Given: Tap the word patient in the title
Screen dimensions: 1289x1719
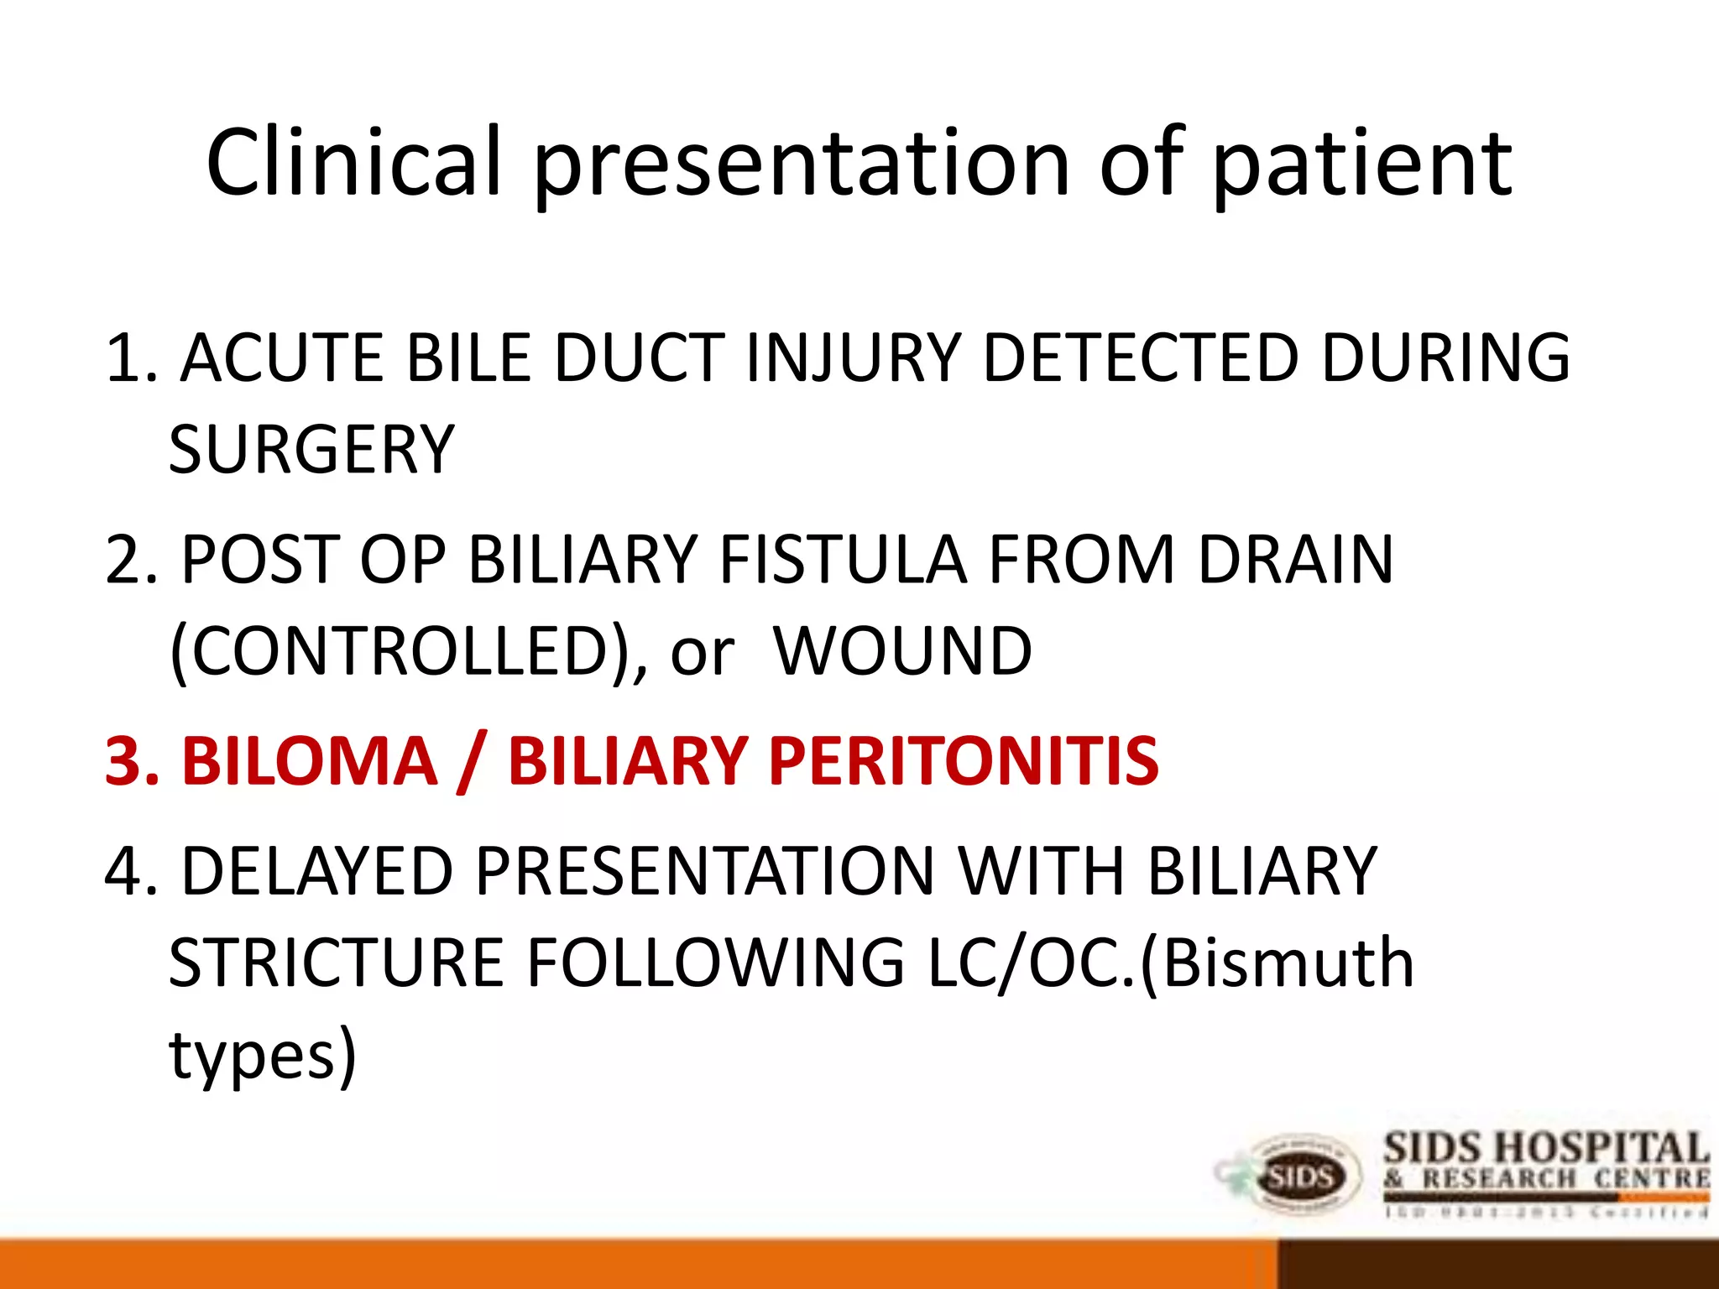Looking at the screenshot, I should [x=1361, y=164].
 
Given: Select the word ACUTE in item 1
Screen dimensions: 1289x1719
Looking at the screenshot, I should [x=282, y=358].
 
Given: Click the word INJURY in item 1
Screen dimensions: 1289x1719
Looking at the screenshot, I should [x=852, y=358].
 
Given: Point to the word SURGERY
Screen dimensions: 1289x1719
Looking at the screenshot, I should [x=311, y=451].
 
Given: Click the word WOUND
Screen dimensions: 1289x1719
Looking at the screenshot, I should [x=902, y=652].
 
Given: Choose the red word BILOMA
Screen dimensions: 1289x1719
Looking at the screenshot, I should [x=310, y=761].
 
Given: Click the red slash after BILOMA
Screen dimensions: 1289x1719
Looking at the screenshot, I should [x=472, y=761].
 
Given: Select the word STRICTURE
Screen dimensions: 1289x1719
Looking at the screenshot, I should [x=336, y=963].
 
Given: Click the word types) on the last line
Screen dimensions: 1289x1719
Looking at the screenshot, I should [x=263, y=1056].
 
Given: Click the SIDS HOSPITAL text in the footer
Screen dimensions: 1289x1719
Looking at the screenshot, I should [x=1545, y=1149].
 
